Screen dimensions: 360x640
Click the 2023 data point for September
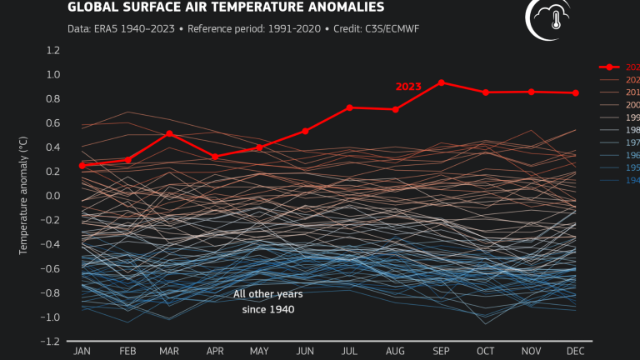coord(441,82)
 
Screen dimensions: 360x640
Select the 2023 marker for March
coord(169,133)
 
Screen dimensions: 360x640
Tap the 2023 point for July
coord(350,107)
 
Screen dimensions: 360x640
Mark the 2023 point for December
coord(576,92)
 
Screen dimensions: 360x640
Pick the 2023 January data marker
coord(82,166)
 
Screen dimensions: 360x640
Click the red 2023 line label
coord(409,86)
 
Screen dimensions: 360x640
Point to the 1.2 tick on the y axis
coord(54,50)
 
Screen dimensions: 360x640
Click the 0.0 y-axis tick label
coord(54,196)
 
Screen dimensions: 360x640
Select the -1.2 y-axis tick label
coord(52,342)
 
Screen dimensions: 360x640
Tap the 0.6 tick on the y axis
coord(54,123)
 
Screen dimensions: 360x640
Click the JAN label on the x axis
coord(82,351)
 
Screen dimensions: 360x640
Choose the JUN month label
coord(305,351)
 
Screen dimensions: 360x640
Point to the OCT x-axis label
coord(486,351)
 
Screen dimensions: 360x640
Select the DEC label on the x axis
coord(576,351)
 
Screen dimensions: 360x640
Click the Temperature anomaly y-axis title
coord(24,196)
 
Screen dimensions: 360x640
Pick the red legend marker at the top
coord(610,67)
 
